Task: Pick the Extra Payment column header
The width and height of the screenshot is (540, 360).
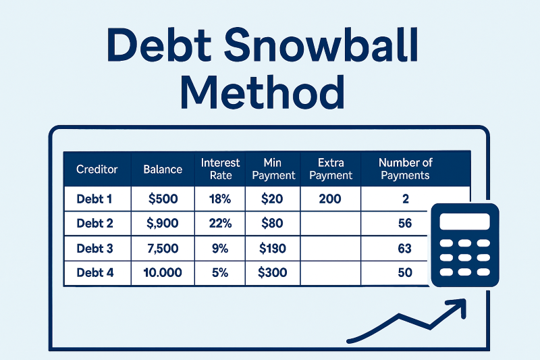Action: pyautogui.click(x=331, y=169)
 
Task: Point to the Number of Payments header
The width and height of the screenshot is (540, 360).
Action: pyautogui.click(x=405, y=169)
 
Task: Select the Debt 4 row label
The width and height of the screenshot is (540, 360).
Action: pyautogui.click(x=95, y=273)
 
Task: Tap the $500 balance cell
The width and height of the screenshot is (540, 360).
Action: pyautogui.click(x=163, y=199)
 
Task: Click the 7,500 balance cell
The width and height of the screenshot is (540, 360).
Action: pyautogui.click(x=163, y=249)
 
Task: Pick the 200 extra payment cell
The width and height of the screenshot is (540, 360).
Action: pyautogui.click(x=331, y=199)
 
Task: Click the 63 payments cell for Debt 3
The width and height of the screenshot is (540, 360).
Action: pyautogui.click(x=405, y=249)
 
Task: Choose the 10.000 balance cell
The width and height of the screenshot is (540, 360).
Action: pyautogui.click(x=163, y=273)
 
